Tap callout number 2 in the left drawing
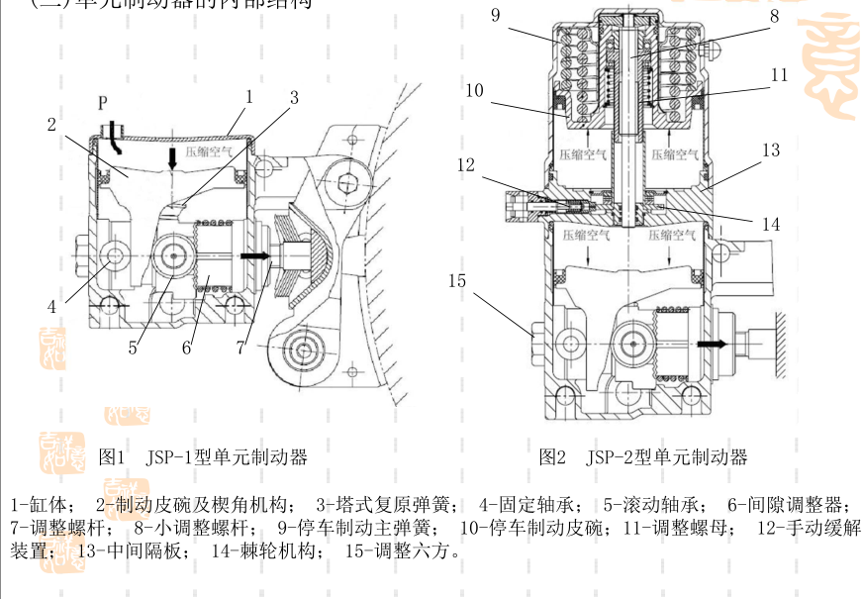[x=50, y=125]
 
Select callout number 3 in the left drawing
[x=294, y=97]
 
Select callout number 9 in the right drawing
[x=495, y=16]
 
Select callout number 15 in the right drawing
[x=456, y=280]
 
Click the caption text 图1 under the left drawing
[x=112, y=456]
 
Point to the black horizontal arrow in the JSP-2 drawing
[x=712, y=344]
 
